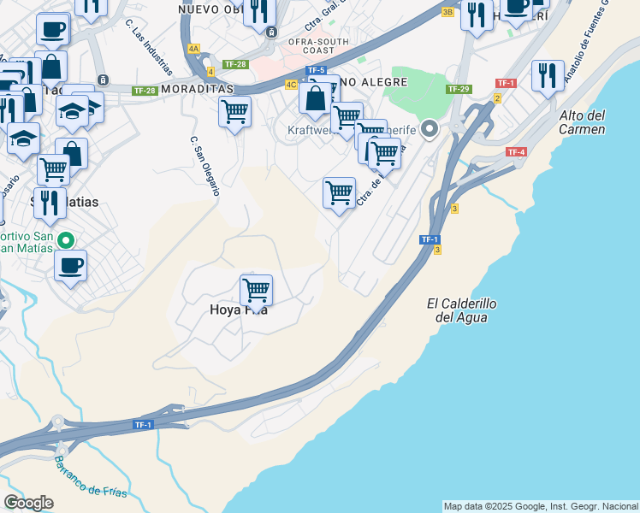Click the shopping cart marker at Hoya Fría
pyautogui.click(x=256, y=291)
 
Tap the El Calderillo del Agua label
pyautogui.click(x=461, y=310)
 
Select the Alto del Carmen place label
pyautogui.click(x=582, y=122)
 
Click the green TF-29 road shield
pyautogui.click(x=459, y=89)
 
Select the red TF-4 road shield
pyautogui.click(x=516, y=152)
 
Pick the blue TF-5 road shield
pyautogui.click(x=317, y=70)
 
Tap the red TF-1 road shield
pyautogui.click(x=506, y=83)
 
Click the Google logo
pyautogui.click(x=28, y=503)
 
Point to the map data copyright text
pyautogui.click(x=541, y=506)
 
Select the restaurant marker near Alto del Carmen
pyautogui.click(x=547, y=76)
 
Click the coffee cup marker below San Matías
pyautogui.click(x=71, y=264)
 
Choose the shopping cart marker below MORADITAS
pyautogui.click(x=234, y=111)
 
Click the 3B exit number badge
pyautogui.click(x=447, y=12)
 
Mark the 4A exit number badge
pyautogui.click(x=194, y=49)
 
